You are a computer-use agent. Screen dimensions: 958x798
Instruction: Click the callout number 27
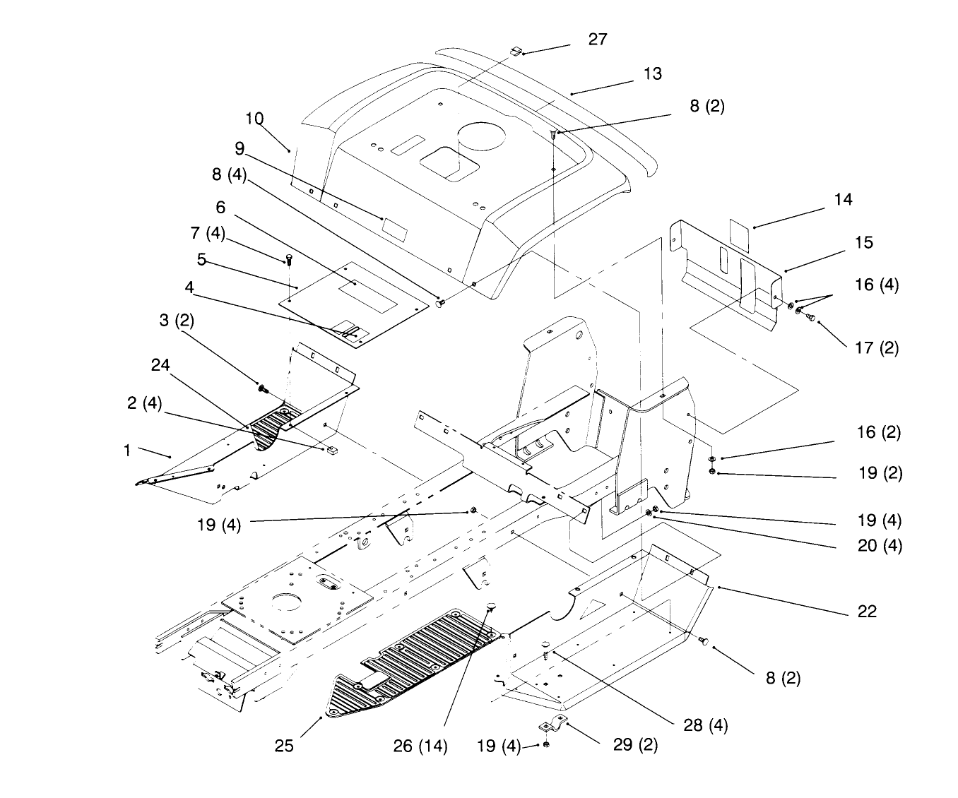598,40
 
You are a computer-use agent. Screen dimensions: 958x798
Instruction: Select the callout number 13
652,74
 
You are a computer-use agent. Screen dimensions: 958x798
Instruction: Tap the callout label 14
843,199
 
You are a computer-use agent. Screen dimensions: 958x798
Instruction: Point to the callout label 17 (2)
876,348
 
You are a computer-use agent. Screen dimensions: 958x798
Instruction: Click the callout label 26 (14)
420,746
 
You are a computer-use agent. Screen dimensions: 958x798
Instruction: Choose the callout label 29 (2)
635,745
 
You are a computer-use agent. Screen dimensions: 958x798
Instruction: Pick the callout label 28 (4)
705,725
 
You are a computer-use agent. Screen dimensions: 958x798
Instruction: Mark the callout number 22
867,612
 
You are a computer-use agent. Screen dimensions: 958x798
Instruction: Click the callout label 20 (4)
880,546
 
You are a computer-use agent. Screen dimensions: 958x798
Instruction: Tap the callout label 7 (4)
208,234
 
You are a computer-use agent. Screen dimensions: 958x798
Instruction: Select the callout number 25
283,746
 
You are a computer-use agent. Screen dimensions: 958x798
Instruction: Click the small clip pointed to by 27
516,51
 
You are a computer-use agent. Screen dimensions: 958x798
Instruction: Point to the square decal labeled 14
739,236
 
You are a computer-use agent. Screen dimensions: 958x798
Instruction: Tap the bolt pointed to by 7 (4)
289,260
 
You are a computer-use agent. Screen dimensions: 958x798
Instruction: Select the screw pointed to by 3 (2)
264,389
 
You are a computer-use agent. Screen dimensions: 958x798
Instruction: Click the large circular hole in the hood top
482,137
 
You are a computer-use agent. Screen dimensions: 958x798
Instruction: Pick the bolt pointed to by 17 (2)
810,317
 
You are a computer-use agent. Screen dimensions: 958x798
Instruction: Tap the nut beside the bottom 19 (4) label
546,744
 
